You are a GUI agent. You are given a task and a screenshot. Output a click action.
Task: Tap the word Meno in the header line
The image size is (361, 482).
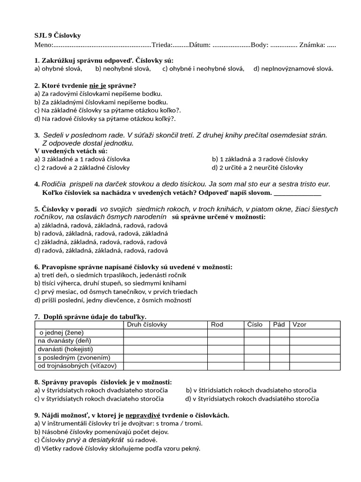coord(43,45)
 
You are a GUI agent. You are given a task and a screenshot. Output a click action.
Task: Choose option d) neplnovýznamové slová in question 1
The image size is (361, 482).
coord(293,69)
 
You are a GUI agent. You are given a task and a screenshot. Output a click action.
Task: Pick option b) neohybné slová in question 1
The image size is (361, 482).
coord(123,69)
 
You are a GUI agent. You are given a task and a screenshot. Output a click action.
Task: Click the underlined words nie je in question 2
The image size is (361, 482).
coord(98,86)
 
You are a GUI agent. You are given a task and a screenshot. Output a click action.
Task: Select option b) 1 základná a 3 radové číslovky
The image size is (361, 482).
coord(260,159)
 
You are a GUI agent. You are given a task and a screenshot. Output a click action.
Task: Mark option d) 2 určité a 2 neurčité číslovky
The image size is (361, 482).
coord(258,168)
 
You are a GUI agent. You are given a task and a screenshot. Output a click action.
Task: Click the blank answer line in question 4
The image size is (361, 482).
coord(297,193)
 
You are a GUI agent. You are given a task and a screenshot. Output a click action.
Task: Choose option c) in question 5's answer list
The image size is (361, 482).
coord(101,242)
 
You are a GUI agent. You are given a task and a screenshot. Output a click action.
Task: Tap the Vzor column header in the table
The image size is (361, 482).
coord(299,325)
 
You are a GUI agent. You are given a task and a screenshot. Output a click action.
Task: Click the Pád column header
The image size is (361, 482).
coord(279,325)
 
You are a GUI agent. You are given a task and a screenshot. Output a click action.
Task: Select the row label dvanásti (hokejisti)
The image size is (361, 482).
coord(66,349)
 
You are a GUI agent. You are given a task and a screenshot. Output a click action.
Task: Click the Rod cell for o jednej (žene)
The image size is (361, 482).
coord(226,333)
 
